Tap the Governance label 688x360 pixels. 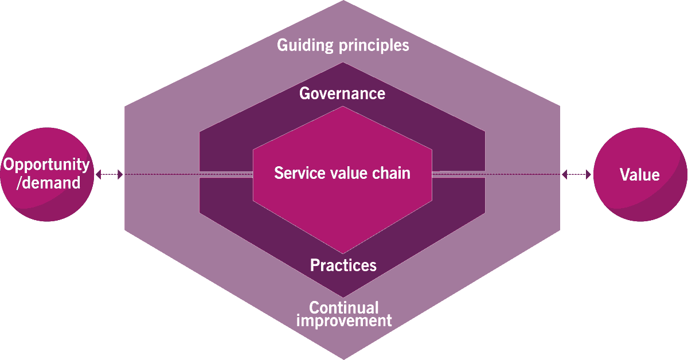pos(342,93)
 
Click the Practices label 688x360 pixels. pos(343,265)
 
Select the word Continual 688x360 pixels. pos(343,307)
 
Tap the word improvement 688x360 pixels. pos(344,320)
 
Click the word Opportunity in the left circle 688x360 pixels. pos(47,165)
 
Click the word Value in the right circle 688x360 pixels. pos(640,175)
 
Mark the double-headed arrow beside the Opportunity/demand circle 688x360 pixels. pos(109,174)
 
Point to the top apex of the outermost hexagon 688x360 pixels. pos(342,2)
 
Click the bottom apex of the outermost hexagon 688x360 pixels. pos(343,358)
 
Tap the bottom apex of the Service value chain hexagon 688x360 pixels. pos(343,253)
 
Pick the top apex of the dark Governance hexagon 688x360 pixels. pos(342,63)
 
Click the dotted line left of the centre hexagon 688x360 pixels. pos(189,174)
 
